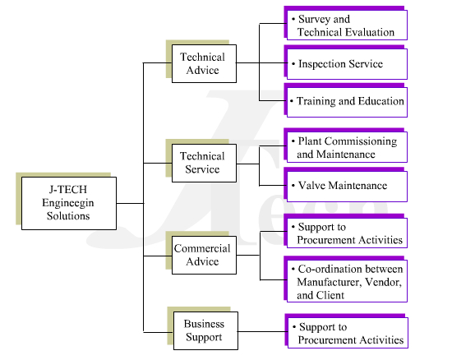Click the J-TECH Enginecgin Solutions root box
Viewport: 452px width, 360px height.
69,203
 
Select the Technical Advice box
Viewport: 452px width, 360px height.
204,64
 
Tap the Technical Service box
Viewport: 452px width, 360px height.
204,163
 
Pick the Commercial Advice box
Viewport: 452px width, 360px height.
204,255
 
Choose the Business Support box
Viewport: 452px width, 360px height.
205,331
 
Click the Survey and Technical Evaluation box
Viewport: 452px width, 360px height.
347,25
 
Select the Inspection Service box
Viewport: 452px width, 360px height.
347,64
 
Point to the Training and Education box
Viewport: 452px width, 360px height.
347,102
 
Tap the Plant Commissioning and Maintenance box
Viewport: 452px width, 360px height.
347,147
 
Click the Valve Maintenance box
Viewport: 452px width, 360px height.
347,187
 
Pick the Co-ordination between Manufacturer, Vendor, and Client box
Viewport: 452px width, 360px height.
347,281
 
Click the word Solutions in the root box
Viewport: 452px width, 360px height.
68,216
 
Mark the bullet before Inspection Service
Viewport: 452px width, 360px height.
293,64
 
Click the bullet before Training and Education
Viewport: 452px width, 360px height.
292,101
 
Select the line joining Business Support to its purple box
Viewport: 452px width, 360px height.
263,331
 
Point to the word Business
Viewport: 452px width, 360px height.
204,324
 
